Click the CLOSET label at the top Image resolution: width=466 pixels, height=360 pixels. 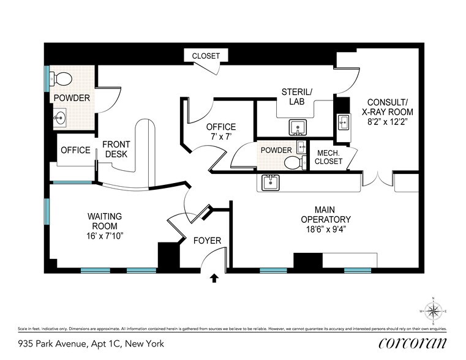(x=206, y=56)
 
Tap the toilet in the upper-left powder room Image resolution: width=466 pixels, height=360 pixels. (x=62, y=78)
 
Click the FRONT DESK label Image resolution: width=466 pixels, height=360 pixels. (x=116, y=149)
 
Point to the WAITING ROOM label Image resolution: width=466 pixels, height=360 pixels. (x=105, y=221)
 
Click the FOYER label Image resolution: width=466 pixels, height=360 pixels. (x=207, y=241)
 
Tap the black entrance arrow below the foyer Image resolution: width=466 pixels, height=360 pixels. (x=214, y=279)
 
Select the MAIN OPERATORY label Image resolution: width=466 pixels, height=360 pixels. (x=325, y=214)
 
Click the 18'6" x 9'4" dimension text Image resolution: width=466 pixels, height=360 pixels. (x=325, y=231)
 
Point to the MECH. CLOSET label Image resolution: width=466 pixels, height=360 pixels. (x=328, y=158)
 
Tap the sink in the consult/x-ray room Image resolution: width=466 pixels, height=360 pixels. (x=343, y=123)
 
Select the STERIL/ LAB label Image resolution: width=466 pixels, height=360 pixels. (x=296, y=97)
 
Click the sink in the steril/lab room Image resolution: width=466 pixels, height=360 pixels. (x=298, y=128)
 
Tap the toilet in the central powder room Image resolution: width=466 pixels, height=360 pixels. (x=294, y=162)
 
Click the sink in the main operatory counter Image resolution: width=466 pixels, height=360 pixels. (x=270, y=182)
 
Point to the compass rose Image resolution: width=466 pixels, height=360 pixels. (x=434, y=310)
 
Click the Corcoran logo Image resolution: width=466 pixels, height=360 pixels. (x=412, y=343)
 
